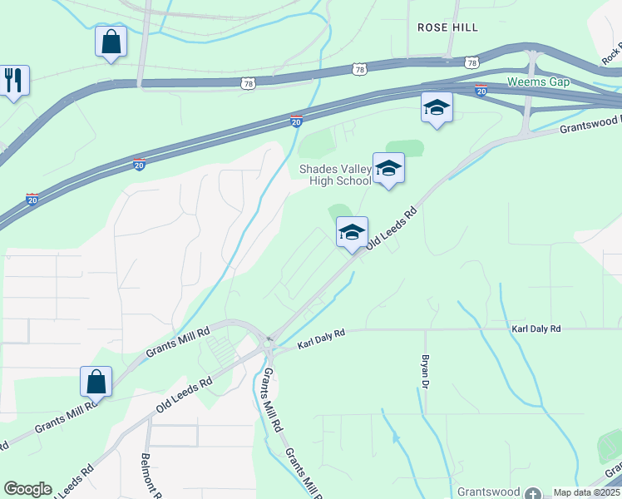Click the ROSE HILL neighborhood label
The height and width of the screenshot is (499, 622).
point(447,27)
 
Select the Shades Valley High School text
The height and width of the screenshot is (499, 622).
point(335,175)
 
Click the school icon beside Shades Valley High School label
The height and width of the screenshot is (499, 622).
point(388,169)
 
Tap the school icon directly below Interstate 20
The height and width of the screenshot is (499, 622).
point(437,107)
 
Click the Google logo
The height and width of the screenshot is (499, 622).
point(27,489)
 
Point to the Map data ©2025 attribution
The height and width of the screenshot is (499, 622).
point(586,492)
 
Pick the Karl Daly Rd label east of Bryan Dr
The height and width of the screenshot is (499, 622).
point(536,329)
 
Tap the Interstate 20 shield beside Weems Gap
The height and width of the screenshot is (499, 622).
point(481,91)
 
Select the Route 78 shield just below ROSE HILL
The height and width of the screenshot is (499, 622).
point(471,62)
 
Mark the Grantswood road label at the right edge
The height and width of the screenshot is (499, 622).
point(590,125)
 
